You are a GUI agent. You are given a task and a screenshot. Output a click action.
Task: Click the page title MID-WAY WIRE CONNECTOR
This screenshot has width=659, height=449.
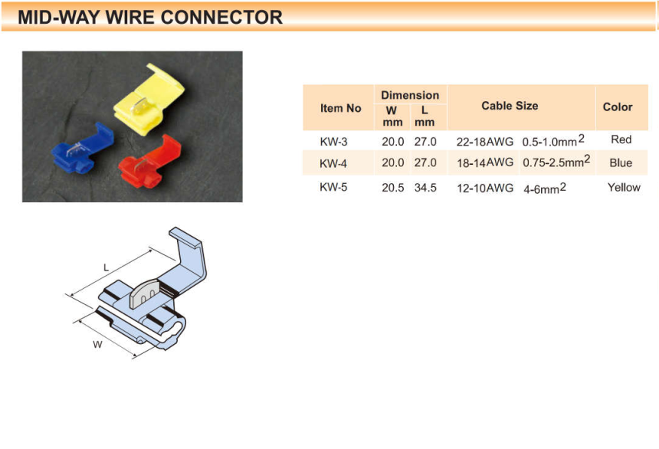(x=150, y=17)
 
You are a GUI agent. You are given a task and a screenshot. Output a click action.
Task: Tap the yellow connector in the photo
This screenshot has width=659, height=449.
(x=149, y=100)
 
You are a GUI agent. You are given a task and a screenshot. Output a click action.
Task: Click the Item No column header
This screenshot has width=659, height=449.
(x=340, y=109)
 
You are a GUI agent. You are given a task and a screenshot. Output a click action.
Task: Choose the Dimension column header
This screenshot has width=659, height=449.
(x=410, y=96)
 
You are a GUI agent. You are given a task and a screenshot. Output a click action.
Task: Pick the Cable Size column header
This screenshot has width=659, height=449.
(x=510, y=106)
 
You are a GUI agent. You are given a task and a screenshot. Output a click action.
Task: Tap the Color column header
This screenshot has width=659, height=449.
(x=618, y=107)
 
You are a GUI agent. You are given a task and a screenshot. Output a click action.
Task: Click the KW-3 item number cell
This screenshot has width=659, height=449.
(x=333, y=142)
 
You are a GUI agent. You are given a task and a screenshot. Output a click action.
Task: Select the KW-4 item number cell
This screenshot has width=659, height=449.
(x=333, y=163)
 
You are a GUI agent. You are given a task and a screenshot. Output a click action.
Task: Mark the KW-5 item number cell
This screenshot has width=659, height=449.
(x=333, y=187)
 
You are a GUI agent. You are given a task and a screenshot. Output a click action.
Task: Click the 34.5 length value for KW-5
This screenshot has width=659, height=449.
(x=425, y=188)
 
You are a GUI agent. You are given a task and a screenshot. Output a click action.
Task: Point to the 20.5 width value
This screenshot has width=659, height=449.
(x=393, y=188)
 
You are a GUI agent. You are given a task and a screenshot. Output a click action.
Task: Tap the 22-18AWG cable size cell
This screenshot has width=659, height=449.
(x=485, y=142)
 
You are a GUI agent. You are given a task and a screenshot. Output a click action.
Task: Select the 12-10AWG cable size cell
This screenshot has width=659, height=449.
(x=485, y=188)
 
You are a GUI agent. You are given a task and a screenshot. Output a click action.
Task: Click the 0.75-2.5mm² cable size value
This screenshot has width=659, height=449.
(x=556, y=161)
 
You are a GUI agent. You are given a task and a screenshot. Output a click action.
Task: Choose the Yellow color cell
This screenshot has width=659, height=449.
(x=624, y=187)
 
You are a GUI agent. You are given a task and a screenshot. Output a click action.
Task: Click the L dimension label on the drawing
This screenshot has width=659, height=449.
(x=106, y=267)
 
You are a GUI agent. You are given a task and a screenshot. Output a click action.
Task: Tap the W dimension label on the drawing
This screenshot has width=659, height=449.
(x=97, y=345)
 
